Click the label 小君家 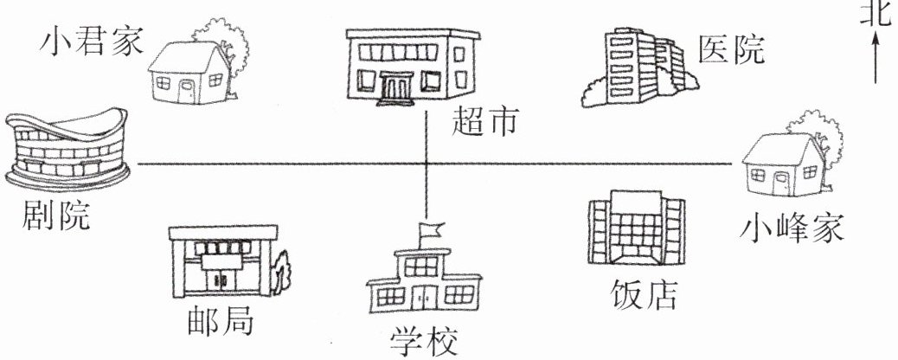click(x=91, y=41)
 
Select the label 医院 click(x=732, y=49)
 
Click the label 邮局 click(x=221, y=321)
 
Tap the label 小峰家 click(x=792, y=228)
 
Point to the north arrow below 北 click(x=876, y=56)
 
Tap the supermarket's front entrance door click(x=399, y=87)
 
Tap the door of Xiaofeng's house click(x=781, y=183)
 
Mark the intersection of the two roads click(x=427, y=164)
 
